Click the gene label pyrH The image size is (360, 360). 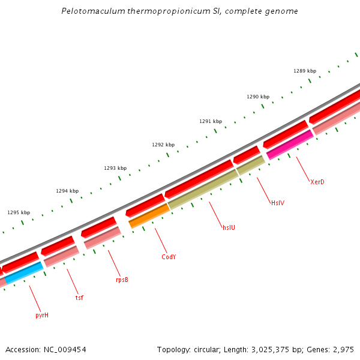tap(41, 314)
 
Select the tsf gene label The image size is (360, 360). tap(79, 297)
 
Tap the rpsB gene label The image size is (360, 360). tap(122, 280)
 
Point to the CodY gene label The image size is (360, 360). tap(169, 257)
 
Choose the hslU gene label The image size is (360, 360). tap(229, 227)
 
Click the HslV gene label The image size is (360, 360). tap(277, 203)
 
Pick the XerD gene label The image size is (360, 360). tap(317, 182)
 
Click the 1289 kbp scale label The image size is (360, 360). tap(304, 71)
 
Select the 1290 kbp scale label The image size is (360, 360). tap(258, 97)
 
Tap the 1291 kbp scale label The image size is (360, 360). tap(211, 121)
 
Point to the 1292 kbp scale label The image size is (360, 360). tap(163, 145)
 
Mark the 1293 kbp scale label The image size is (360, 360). tap(115, 168)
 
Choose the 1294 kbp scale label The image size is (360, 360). tap(67, 191)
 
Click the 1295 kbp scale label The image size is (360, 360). tap(19, 212)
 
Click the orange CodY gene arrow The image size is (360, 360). tap(149, 215)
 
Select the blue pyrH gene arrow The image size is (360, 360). tap(24, 272)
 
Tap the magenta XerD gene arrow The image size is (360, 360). tap(289, 145)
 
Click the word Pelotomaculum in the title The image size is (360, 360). tap(89, 11)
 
